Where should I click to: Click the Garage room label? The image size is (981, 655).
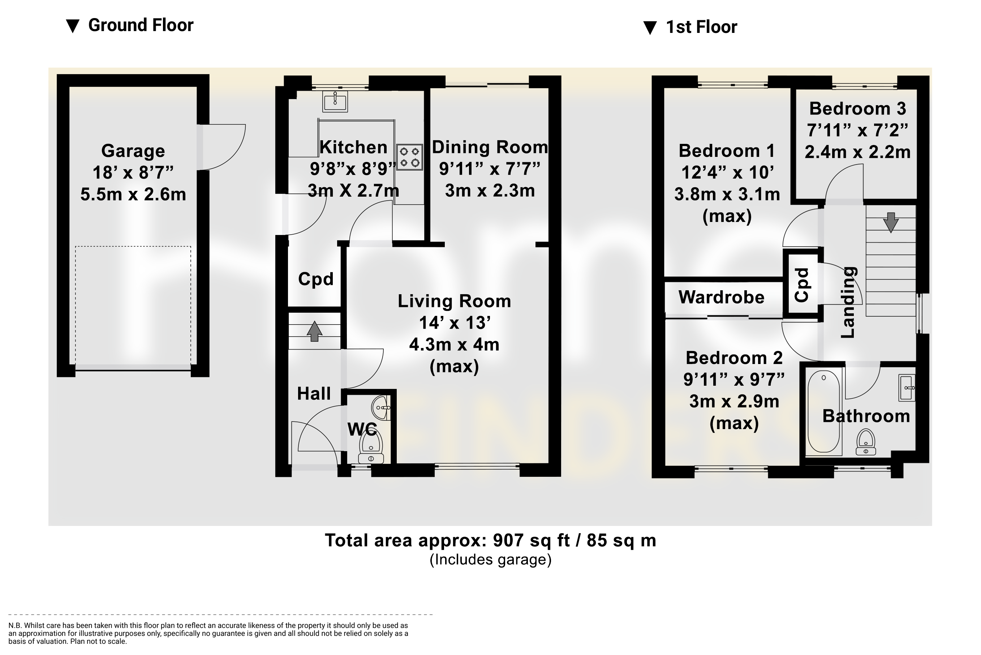point(133,151)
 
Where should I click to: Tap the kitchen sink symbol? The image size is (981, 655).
point(335,102)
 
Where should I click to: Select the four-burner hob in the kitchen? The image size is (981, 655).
point(409,157)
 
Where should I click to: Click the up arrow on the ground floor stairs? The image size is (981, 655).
point(314,331)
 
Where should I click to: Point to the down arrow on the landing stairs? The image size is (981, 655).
point(891,222)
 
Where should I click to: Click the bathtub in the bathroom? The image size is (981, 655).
point(824,413)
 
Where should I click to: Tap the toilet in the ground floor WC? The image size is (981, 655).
point(371,445)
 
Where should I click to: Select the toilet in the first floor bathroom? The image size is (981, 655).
point(866,442)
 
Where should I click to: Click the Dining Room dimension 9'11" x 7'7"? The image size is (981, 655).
point(490,169)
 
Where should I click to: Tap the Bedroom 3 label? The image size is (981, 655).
point(857,108)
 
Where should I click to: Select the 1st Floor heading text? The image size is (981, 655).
point(701,27)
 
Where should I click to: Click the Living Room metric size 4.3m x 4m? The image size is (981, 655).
point(454,344)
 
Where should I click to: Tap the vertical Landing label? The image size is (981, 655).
point(848,302)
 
